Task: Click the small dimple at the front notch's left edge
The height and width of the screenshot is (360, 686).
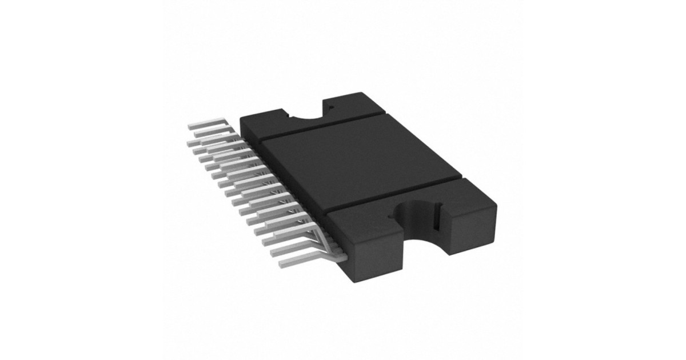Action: tap(394, 216)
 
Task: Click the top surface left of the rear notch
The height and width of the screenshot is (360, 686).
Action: tap(269, 117)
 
